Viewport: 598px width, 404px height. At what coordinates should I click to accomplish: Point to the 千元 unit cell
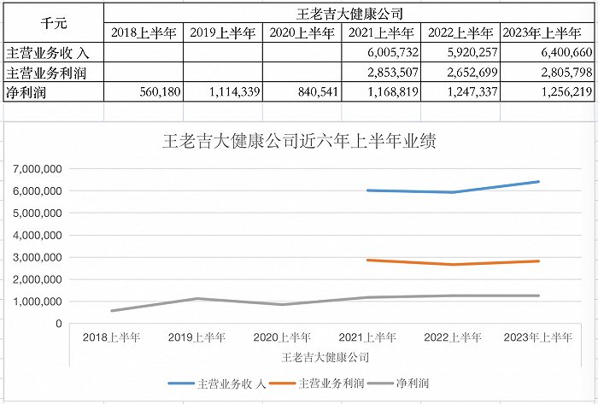52,23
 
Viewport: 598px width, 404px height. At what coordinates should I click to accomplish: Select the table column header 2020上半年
301,33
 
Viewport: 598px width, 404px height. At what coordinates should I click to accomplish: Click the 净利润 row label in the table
25,91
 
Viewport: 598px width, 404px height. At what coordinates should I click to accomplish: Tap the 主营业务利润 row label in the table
43,73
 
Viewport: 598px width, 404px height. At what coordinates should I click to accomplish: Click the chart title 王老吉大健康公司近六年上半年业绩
299,142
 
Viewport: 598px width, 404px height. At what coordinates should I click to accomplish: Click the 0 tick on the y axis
58,324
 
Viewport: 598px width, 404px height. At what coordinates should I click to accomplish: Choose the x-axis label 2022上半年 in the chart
454,337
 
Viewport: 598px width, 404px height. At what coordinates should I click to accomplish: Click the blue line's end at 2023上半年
539,181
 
